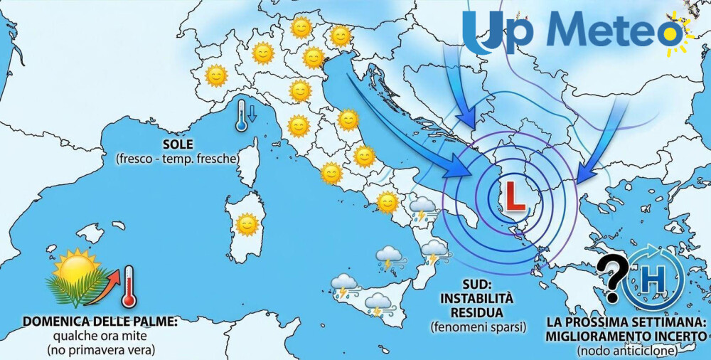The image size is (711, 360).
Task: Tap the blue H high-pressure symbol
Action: point(652,279)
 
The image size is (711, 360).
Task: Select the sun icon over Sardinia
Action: point(247,224)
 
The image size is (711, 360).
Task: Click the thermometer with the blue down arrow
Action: point(245,116)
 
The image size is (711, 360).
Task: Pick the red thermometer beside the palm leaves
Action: point(129,286)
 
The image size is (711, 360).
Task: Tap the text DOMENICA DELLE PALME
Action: point(100,322)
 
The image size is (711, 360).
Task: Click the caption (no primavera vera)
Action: point(100,350)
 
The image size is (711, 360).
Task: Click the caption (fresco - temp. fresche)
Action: point(176,159)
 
